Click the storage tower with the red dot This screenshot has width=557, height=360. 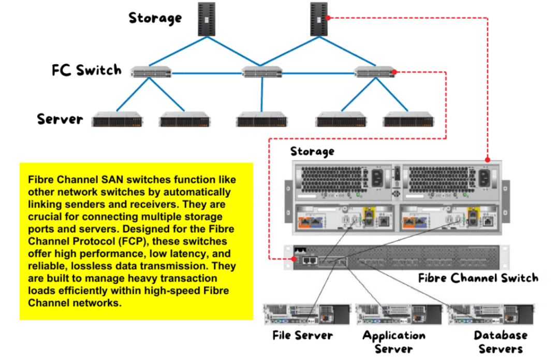pos(319,19)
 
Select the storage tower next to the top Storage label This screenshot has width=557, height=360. pos(207,19)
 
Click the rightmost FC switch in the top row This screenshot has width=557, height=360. pos(374,72)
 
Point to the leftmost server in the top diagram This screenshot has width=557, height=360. pos(117,121)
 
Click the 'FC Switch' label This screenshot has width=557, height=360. pos(86,70)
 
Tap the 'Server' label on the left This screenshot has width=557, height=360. pos(60,119)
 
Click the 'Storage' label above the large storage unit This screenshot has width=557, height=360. pos(312,152)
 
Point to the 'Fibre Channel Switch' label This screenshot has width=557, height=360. pos(478,278)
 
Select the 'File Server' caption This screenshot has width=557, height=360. pos(302,336)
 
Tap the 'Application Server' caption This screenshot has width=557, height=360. pos(394,342)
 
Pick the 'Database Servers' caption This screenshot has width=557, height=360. pos(500,342)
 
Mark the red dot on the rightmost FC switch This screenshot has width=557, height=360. pos(394,72)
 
